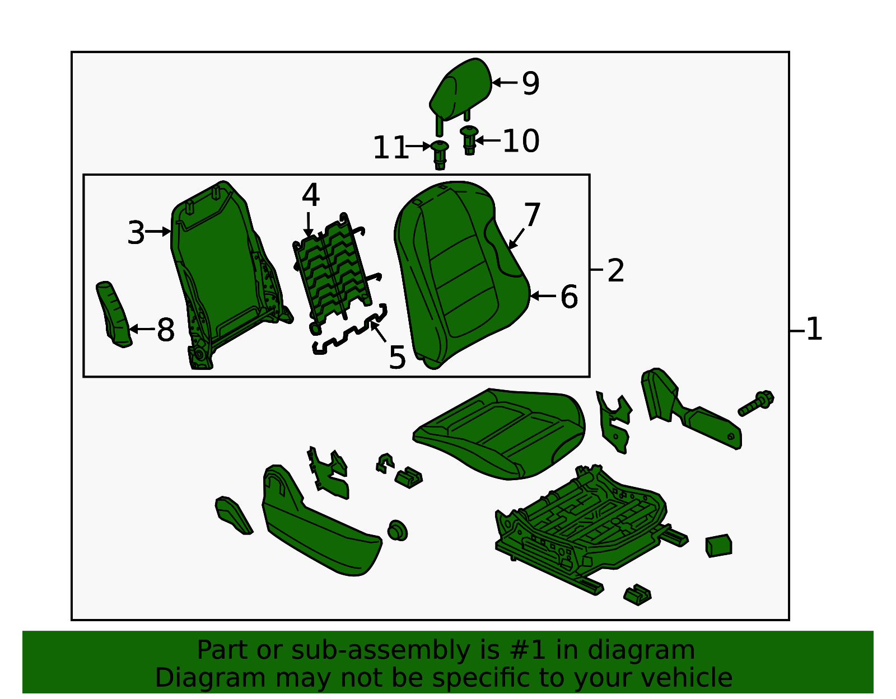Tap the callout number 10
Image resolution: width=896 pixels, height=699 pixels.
(x=521, y=140)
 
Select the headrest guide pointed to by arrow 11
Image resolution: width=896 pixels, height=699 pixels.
(x=440, y=154)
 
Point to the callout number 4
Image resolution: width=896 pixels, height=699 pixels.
(x=310, y=195)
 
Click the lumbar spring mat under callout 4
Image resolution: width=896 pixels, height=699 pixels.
(x=333, y=269)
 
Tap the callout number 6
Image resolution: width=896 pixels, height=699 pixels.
(x=569, y=297)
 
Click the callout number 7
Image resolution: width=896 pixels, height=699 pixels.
(x=532, y=215)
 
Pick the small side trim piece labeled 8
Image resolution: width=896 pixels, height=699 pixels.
(x=115, y=313)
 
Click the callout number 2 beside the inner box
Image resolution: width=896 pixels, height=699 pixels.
(x=615, y=271)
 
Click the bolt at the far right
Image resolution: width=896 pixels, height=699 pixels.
(x=757, y=403)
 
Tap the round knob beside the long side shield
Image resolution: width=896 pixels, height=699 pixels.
(x=398, y=530)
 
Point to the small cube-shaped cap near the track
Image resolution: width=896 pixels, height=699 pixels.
(x=718, y=546)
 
